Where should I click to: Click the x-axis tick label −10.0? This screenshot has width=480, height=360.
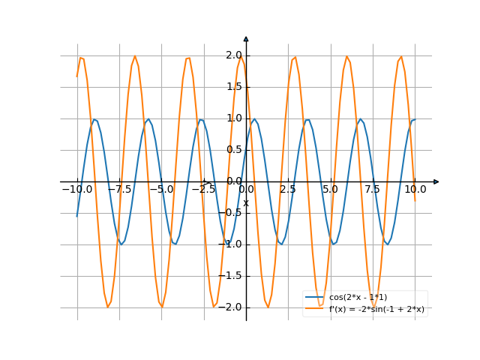pyautogui.click(x=76, y=190)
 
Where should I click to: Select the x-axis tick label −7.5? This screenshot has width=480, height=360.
pyautogui.click(x=119, y=190)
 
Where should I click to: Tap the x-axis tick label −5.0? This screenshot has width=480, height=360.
pyautogui.click(x=161, y=190)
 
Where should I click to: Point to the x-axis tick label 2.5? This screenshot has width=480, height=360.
pyautogui.click(x=288, y=190)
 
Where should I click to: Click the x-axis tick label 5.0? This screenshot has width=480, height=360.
pyautogui.click(x=330, y=190)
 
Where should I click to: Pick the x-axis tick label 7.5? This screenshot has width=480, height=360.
pyautogui.click(x=373, y=190)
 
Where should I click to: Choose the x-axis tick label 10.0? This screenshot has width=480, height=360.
pyautogui.click(x=415, y=190)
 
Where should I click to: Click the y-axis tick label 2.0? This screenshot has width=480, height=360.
pyautogui.click(x=233, y=55)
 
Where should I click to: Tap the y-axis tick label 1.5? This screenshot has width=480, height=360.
pyautogui.click(x=233, y=87)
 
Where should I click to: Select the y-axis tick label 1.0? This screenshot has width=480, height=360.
pyautogui.click(x=233, y=118)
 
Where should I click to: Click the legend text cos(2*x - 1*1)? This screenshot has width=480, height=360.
pyautogui.click(x=358, y=298)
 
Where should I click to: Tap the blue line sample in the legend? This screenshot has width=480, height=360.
pyautogui.click(x=315, y=298)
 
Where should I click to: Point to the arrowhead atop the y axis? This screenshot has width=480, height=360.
pyautogui.click(x=246, y=39)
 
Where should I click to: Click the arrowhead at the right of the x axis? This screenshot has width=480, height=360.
pyautogui.click(x=436, y=181)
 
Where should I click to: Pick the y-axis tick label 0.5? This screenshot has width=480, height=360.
pyautogui.click(x=233, y=150)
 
